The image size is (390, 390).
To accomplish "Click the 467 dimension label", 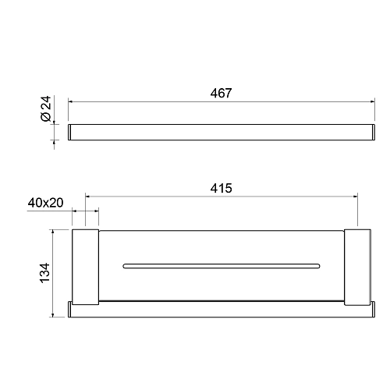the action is (221, 93).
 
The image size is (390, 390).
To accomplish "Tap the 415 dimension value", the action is (221, 188).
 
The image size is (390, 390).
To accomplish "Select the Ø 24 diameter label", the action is (46, 108).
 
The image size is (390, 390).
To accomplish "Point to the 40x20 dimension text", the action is (45, 203).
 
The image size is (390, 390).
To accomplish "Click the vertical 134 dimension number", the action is (44, 273).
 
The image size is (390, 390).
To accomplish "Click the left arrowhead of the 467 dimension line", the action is (70, 101).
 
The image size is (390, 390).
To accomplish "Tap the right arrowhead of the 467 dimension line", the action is (373, 101).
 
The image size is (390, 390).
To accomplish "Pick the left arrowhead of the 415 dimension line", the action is (87, 197).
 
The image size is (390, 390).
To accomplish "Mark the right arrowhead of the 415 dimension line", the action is (356, 197).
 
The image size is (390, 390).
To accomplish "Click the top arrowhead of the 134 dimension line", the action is (53, 232).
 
